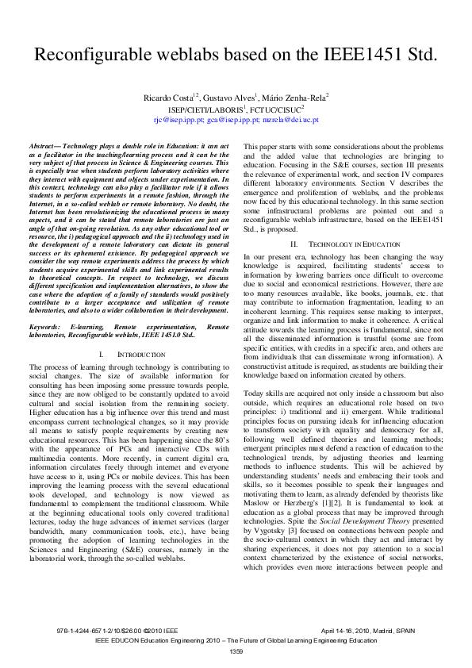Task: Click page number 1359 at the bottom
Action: [236, 651]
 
